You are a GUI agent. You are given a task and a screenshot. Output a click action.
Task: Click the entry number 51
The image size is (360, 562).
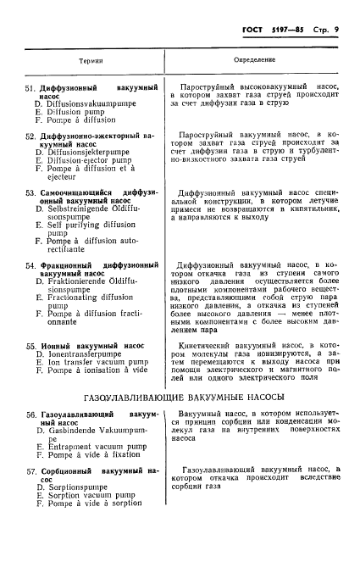[x=30, y=88]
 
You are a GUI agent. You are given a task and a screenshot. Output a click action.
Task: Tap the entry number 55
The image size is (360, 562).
[x=30, y=346]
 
